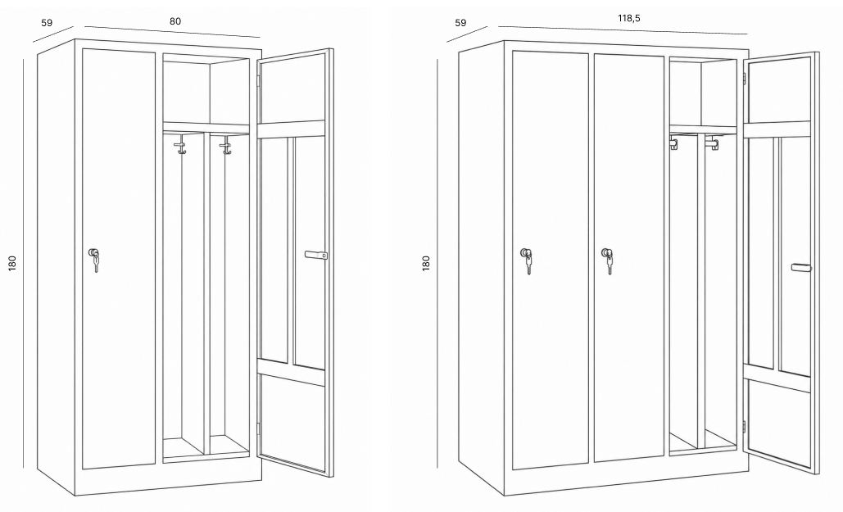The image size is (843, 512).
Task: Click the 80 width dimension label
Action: [175, 21]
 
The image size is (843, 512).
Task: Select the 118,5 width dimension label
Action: [628, 18]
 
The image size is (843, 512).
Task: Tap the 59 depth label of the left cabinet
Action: [47, 23]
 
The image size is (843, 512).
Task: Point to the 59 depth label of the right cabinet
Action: [460, 23]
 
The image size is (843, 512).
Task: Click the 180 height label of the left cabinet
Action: [12, 262]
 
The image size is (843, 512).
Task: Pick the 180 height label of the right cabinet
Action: [426, 262]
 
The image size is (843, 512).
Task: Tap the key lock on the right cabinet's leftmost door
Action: [527, 261]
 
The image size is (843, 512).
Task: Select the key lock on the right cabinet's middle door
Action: [608, 261]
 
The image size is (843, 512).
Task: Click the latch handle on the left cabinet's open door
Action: [316, 255]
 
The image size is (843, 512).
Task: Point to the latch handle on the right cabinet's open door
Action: [801, 267]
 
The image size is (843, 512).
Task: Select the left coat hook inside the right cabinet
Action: [673, 143]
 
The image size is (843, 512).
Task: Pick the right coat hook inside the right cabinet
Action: [714, 143]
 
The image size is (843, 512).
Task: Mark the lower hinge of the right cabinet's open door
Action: [745, 427]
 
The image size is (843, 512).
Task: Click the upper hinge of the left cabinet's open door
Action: [257, 80]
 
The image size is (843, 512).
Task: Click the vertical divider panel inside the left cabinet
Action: [206, 293]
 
